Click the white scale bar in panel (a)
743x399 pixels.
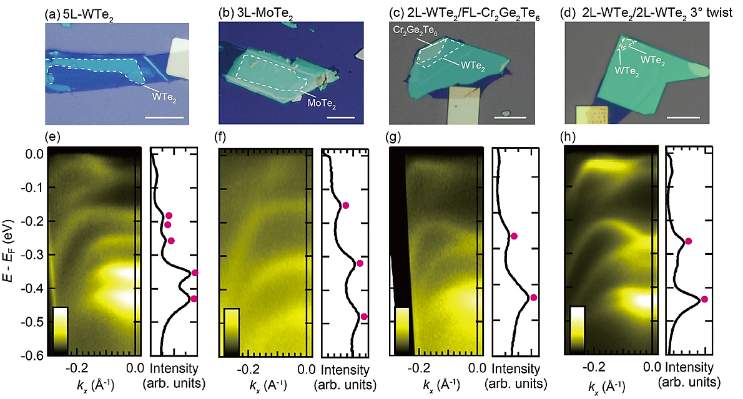[x=167, y=117]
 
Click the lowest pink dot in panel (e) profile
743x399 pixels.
[x=194, y=299]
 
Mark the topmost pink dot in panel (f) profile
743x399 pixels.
[x=346, y=205]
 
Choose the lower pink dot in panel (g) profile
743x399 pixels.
[x=533, y=297]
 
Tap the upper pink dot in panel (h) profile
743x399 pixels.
[x=688, y=241]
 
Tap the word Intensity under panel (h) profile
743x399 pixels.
[x=687, y=370]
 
